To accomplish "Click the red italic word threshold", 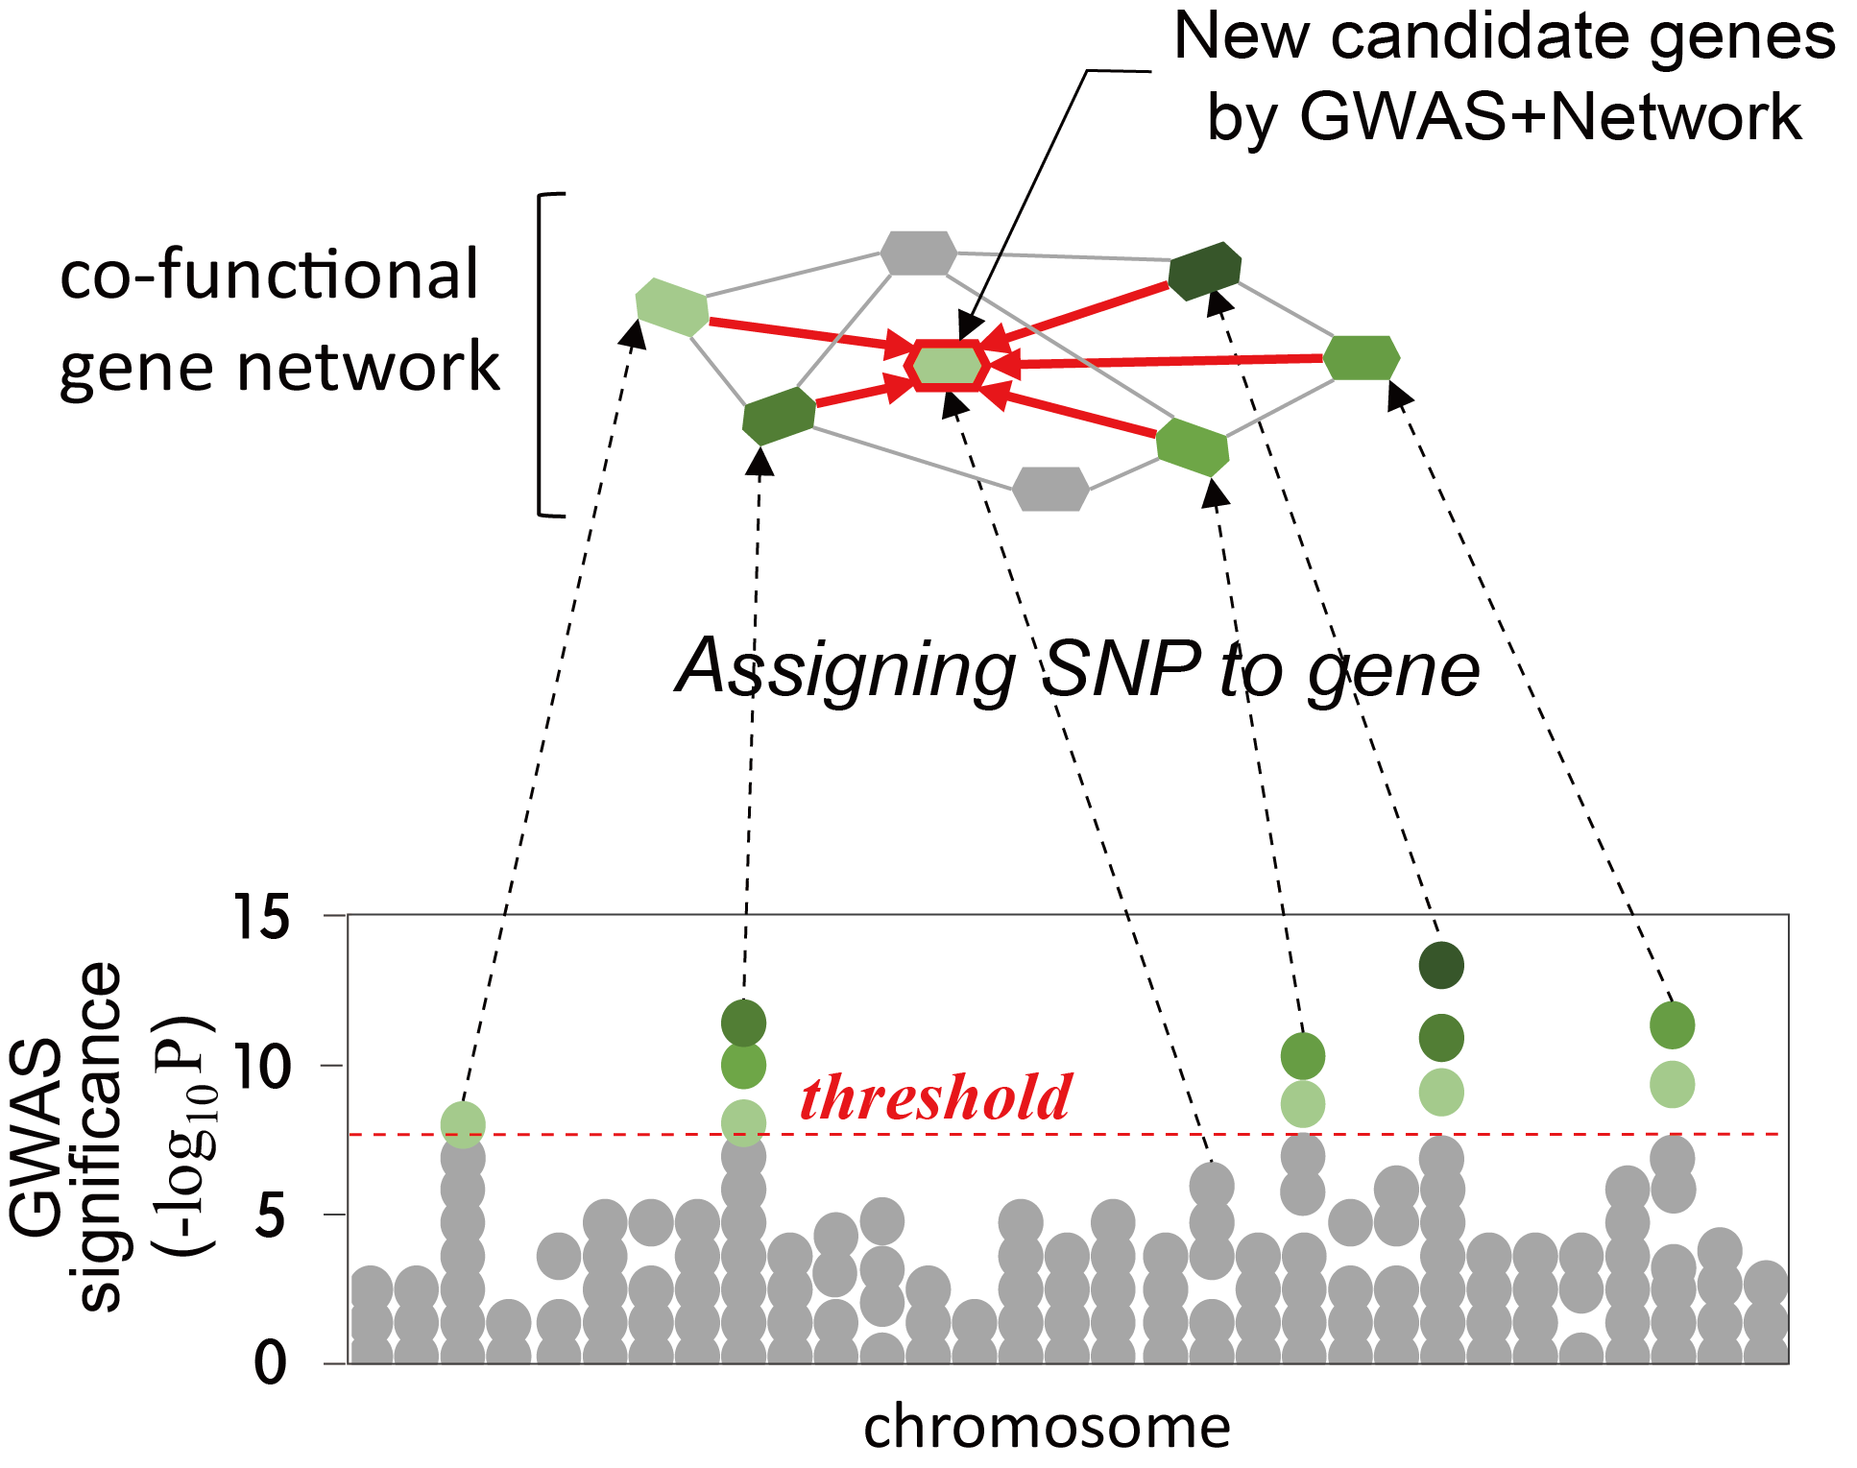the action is pyautogui.click(x=935, y=1097).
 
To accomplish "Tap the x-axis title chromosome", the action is pyautogui.click(x=1047, y=1427).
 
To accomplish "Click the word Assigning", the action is pyautogui.click(x=846, y=670).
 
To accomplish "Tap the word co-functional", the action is pyautogui.click(x=269, y=275).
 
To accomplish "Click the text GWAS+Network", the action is pyautogui.click(x=1504, y=117).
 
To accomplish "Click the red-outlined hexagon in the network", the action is pyautogui.click(x=948, y=365).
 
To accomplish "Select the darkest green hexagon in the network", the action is pyautogui.click(x=1205, y=270).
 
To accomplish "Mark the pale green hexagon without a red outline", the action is pyautogui.click(x=672, y=306).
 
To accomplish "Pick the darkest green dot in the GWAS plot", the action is pyautogui.click(x=1441, y=965).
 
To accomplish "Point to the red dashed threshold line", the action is pyautogui.click(x=1068, y=1134).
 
